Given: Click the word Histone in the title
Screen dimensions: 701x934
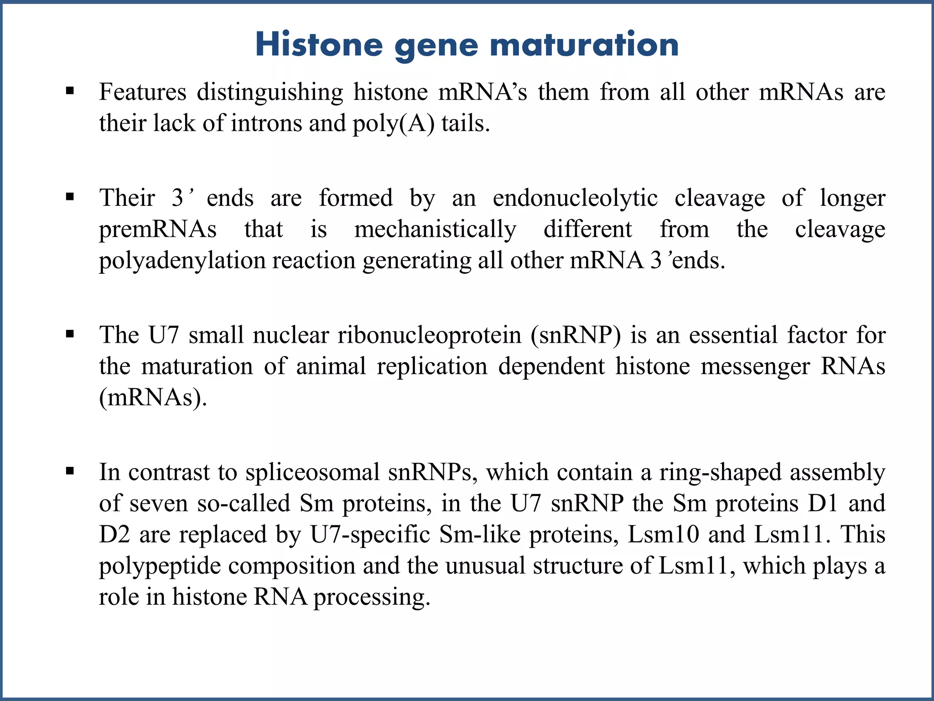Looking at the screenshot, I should [319, 45].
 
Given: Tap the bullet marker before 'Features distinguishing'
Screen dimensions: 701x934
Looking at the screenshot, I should [70, 91].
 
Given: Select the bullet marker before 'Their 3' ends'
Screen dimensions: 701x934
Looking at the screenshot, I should [70, 197].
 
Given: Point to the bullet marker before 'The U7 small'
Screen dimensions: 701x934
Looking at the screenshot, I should [70, 335].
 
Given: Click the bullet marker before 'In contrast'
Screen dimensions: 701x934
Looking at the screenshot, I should [70, 471].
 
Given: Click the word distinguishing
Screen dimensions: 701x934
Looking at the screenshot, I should [270, 92].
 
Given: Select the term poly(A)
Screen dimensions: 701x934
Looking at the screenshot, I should [394, 124].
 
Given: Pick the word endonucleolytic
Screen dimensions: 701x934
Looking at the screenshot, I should [575, 198].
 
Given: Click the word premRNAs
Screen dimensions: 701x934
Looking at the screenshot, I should [158, 229].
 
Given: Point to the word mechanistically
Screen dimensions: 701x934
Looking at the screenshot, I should [435, 229].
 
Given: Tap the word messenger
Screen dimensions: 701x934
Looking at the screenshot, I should [755, 366].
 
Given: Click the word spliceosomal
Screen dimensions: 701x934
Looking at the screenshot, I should [312, 472].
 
